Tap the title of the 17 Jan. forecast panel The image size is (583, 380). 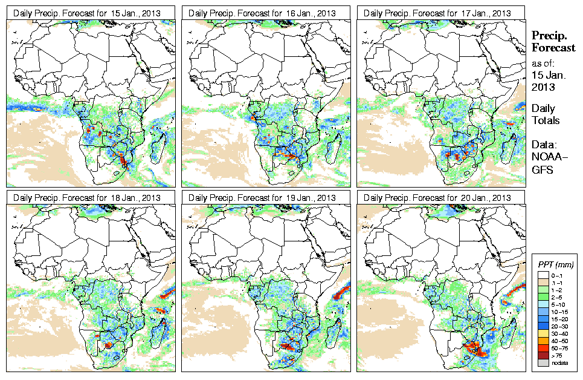pyautogui.click(x=441, y=13)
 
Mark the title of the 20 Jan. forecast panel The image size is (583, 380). pyautogui.click(x=441, y=198)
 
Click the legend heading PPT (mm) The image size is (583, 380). pyautogui.click(x=556, y=264)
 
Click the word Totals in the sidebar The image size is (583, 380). pyautogui.click(x=546, y=120)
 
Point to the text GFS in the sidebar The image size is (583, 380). pyautogui.click(x=542, y=170)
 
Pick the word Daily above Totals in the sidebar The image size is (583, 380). pyautogui.click(x=544, y=108)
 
